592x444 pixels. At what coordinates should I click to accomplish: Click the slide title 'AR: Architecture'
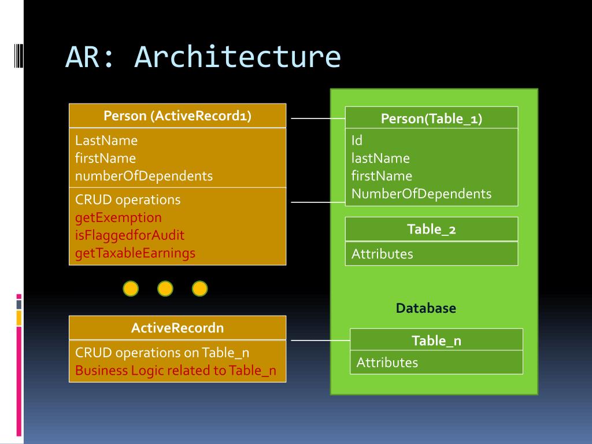(203, 57)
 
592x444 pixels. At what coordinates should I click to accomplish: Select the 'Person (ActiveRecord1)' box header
(177, 116)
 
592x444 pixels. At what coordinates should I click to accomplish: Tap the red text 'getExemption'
(118, 217)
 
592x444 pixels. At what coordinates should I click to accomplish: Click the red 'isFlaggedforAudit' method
(129, 235)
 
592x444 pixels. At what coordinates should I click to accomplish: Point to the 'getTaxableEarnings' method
(135, 253)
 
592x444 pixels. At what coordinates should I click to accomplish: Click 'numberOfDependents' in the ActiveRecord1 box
(144, 176)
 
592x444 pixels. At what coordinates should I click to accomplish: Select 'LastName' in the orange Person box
(106, 140)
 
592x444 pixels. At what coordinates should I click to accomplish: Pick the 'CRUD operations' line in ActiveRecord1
(128, 199)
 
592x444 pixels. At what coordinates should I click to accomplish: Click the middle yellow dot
(165, 288)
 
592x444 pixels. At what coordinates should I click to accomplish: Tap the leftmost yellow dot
(131, 288)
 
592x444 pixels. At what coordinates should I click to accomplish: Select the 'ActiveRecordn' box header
(177, 328)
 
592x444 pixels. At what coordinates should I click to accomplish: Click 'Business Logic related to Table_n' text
(176, 371)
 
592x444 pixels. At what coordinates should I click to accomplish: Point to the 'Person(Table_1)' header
(431, 118)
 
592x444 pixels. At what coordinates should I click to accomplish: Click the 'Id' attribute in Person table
(357, 140)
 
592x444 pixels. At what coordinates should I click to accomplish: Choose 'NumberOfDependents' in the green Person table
(421, 194)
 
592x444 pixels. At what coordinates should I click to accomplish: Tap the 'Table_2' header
(431, 229)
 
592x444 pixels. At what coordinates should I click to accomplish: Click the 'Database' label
(426, 308)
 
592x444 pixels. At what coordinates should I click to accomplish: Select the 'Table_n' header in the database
(436, 340)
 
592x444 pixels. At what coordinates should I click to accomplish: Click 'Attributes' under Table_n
(387, 362)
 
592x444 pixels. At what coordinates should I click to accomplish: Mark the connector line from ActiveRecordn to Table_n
(320, 340)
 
